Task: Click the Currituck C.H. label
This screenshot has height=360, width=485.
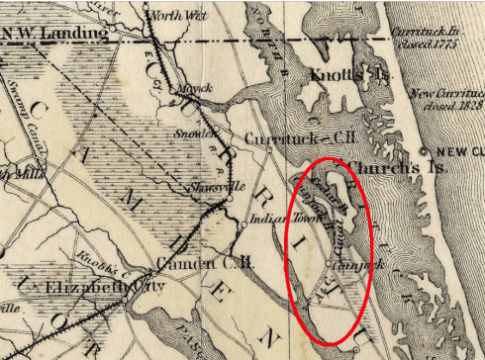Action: pyautogui.click(x=280, y=137)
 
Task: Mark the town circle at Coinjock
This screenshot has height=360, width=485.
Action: pyautogui.click(x=331, y=265)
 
